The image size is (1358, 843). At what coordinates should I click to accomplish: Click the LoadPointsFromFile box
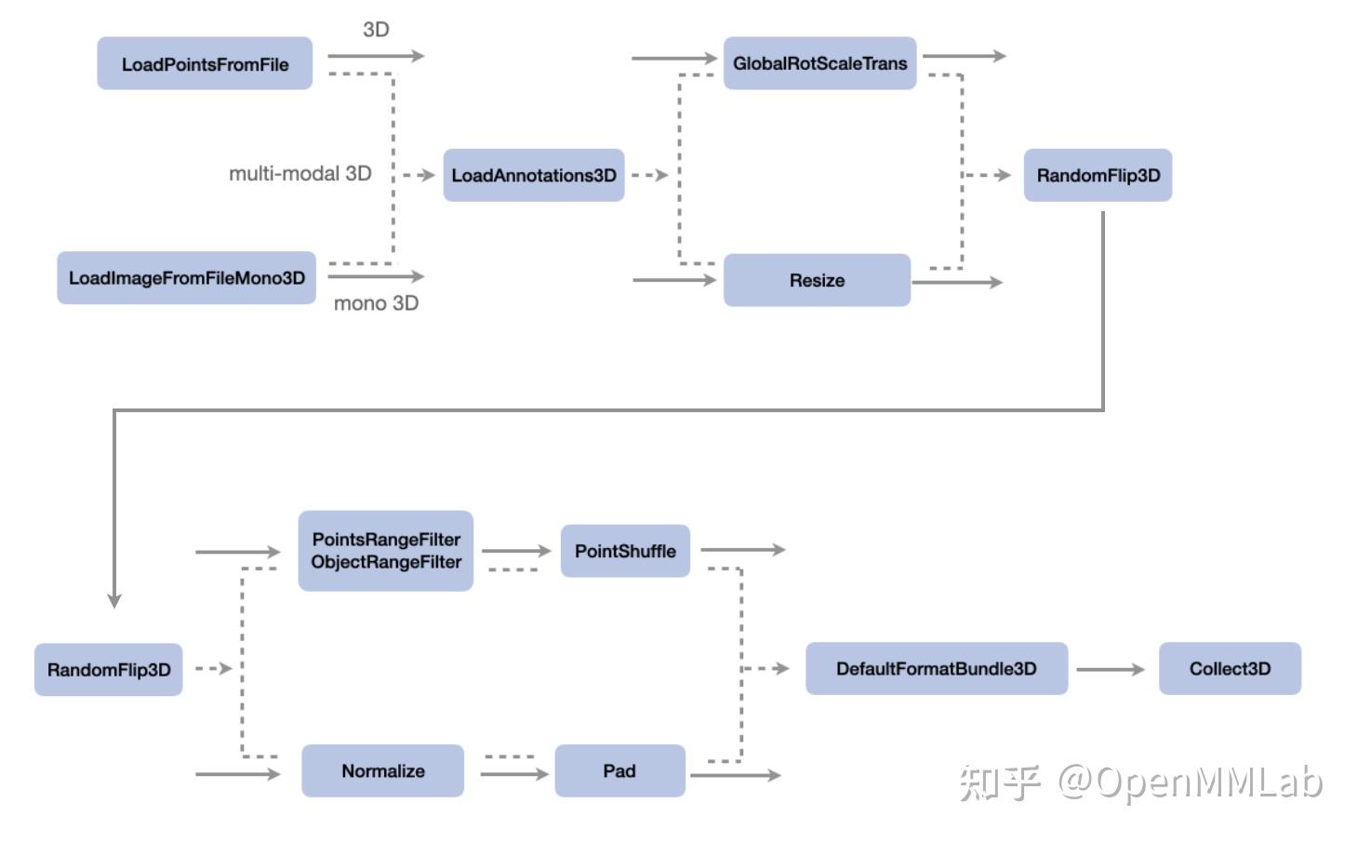pyautogui.click(x=205, y=63)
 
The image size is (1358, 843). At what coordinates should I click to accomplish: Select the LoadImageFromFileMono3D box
pyautogui.click(x=186, y=277)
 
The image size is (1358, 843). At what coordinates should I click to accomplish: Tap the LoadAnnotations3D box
pyautogui.click(x=533, y=175)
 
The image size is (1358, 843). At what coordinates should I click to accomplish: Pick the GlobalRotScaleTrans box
pyautogui.click(x=819, y=63)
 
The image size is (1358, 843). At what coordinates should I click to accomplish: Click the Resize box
pyautogui.click(x=817, y=280)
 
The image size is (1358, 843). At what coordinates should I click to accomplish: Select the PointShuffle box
pyautogui.click(x=625, y=551)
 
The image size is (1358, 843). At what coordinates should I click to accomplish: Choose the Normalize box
pyautogui.click(x=382, y=770)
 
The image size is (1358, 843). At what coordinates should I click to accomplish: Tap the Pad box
pyautogui.click(x=619, y=770)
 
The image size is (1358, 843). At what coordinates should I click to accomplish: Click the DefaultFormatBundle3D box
pyautogui.click(x=936, y=668)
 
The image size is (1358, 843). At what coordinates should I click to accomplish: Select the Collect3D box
pyautogui.click(x=1229, y=668)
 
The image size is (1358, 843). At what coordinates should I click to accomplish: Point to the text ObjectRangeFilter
pyautogui.click(x=386, y=562)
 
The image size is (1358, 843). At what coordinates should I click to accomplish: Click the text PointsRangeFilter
pyautogui.click(x=386, y=540)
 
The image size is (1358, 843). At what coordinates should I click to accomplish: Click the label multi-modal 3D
pyautogui.click(x=300, y=173)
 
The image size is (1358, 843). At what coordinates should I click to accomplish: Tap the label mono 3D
pyautogui.click(x=376, y=303)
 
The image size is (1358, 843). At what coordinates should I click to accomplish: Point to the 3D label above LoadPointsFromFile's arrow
pyautogui.click(x=376, y=30)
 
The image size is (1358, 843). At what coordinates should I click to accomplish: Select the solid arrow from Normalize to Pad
pyautogui.click(x=514, y=774)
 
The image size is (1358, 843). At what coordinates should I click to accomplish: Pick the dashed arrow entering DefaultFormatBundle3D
pyautogui.click(x=768, y=668)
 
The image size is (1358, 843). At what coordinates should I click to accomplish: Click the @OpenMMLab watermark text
pyautogui.click(x=1191, y=783)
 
